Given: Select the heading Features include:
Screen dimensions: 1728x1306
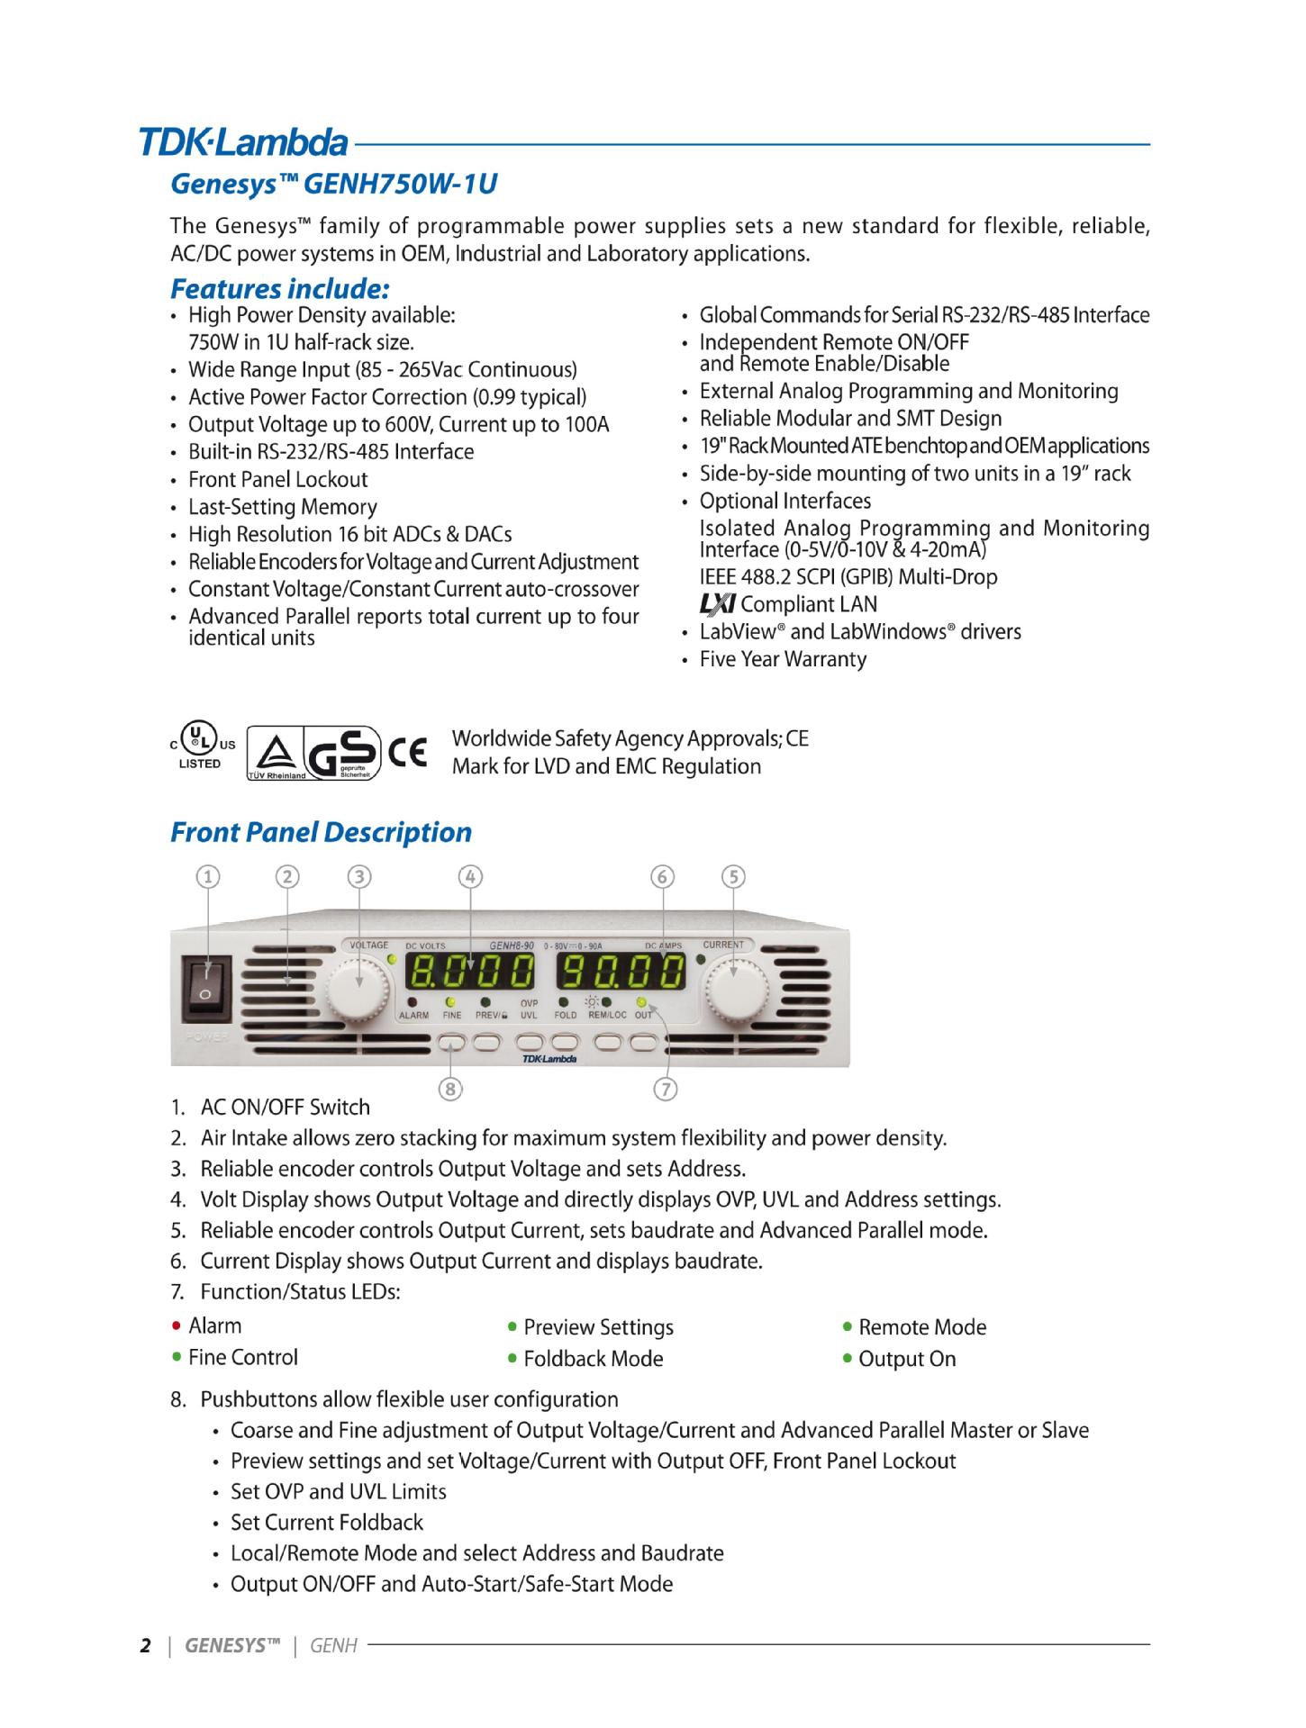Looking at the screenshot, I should pyautogui.click(x=280, y=289).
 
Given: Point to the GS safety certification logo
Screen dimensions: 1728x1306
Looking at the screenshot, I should pyautogui.click(x=347, y=753).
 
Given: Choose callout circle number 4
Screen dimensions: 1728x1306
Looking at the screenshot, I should pyautogui.click(x=470, y=876).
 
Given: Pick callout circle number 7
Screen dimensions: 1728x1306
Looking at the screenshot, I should pyautogui.click(x=665, y=1090).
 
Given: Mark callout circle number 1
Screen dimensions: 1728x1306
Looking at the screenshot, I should pyautogui.click(x=208, y=876).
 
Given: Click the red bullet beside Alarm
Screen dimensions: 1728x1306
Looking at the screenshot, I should pyautogui.click(x=177, y=1326).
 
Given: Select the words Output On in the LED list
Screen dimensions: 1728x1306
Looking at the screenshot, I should pyautogui.click(x=907, y=1359).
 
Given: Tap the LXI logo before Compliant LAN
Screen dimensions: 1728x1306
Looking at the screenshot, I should pyautogui.click(x=717, y=604).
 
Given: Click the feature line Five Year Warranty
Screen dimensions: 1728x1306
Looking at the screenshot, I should pyautogui.click(x=783, y=659).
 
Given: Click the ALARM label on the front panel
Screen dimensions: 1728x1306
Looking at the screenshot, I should pyautogui.click(x=413, y=1016).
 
